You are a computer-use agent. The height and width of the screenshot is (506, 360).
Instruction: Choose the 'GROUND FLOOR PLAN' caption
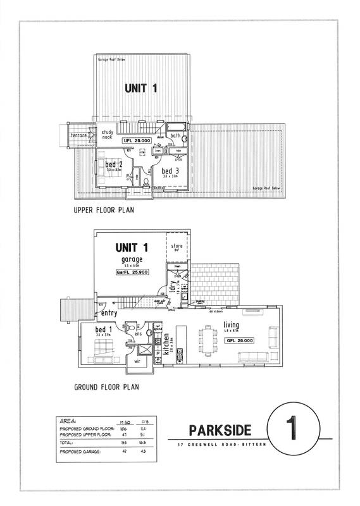106,385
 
